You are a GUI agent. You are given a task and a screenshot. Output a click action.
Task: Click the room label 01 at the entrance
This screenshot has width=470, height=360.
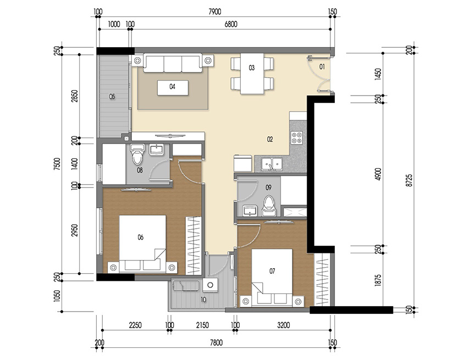tap(322, 67)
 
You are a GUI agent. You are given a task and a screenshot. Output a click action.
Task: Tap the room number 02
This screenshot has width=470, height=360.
tap(270, 140)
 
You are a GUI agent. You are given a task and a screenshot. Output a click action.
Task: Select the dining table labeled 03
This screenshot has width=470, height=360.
tap(252, 74)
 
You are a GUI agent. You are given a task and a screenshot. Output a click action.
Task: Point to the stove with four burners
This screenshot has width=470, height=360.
tap(297, 137)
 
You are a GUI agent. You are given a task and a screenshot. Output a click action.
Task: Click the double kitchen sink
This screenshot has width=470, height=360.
tap(272, 163)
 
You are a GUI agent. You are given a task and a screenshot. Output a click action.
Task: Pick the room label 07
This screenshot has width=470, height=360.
tap(272, 270)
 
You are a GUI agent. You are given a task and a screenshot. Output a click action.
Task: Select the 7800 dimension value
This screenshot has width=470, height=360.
tap(215, 344)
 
